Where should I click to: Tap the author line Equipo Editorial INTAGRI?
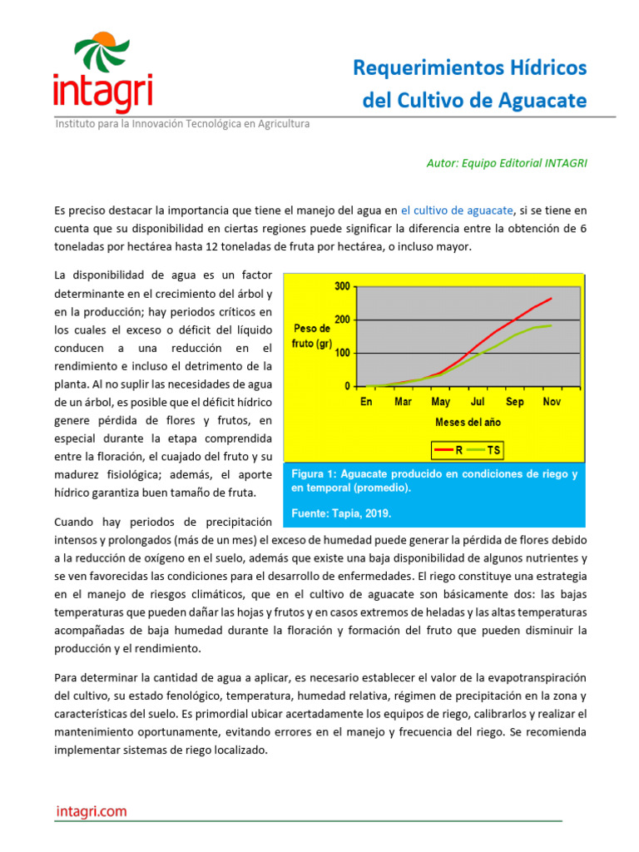[x=506, y=163]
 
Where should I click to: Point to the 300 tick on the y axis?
[x=341, y=286]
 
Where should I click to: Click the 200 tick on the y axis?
[x=341, y=319]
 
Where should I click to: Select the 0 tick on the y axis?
[x=346, y=387]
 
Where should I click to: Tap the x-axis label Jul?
[x=478, y=402]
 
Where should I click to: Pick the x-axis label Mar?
[x=403, y=402]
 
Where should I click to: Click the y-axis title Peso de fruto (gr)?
[x=313, y=336]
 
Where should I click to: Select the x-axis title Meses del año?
[x=468, y=422]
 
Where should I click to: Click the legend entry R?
[x=450, y=450]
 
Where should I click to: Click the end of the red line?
[x=552, y=298]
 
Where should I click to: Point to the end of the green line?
[x=552, y=325]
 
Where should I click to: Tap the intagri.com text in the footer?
[x=92, y=810]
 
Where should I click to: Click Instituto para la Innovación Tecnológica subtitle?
[x=182, y=124]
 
